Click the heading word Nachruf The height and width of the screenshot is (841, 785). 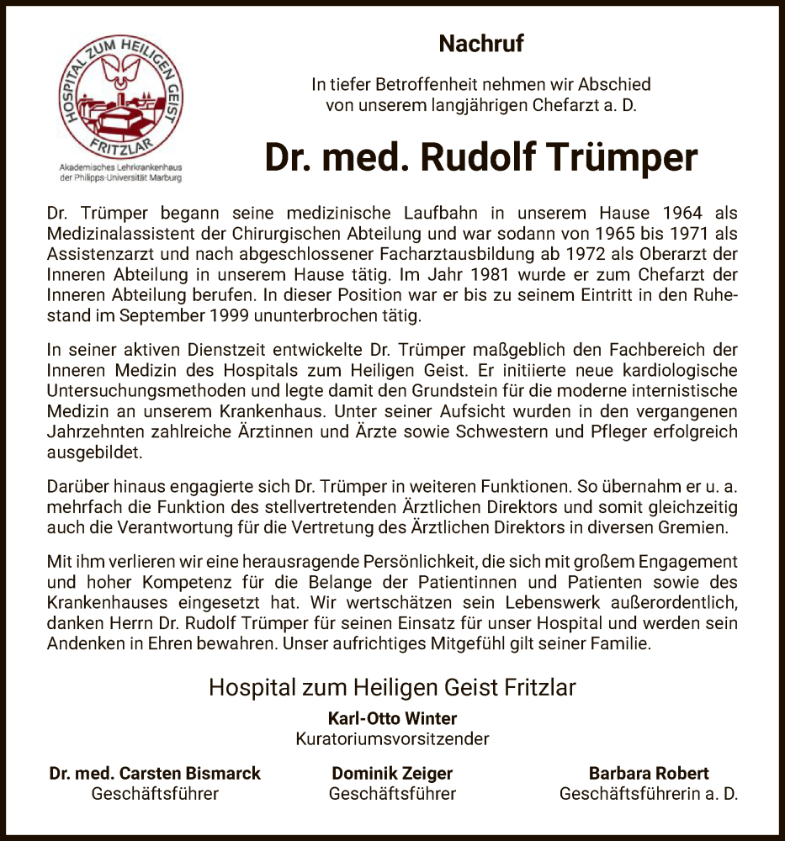coord(481,43)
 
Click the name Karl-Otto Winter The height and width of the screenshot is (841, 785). coord(392,718)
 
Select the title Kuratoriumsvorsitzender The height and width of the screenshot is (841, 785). coord(392,739)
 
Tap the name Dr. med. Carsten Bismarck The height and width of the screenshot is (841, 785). coord(155,773)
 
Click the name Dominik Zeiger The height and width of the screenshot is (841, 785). coord(392,773)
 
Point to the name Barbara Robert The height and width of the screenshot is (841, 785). coord(649,773)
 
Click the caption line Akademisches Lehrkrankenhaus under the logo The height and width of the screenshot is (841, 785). coord(114,168)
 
